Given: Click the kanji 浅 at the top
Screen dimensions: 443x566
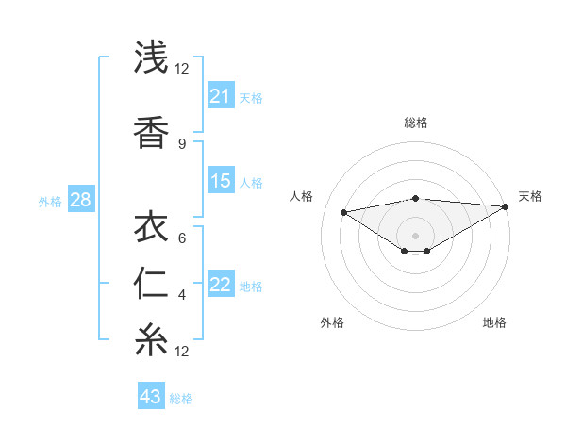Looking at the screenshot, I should tap(151, 58).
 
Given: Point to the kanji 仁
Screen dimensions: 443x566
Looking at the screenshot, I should tap(151, 284).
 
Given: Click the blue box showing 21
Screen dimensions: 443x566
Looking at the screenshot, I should tap(221, 96).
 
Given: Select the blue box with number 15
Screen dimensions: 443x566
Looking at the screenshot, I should tap(221, 181).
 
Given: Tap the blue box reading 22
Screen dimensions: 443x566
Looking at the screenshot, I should tap(221, 285).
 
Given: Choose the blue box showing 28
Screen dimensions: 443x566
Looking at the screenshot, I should tap(80, 199).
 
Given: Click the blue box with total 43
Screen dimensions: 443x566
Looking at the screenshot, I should tap(151, 397).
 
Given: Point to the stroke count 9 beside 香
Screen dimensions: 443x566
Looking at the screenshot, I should tap(182, 144).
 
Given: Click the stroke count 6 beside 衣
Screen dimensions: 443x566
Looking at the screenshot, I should tap(182, 238).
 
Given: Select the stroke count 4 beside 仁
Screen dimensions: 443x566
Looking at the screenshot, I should tap(182, 295).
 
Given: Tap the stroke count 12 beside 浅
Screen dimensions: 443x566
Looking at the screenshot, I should tap(182, 68).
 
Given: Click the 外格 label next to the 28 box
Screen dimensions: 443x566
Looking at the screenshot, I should tap(50, 201).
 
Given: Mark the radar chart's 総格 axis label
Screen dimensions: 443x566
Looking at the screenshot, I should tap(416, 123).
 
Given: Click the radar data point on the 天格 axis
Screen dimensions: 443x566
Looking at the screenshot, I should tap(507, 206).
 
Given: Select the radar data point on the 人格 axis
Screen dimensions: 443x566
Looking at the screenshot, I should tap(344, 211).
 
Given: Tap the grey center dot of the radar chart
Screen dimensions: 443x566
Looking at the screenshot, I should tap(415, 235).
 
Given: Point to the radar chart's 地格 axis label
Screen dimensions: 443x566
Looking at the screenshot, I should tap(494, 323).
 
